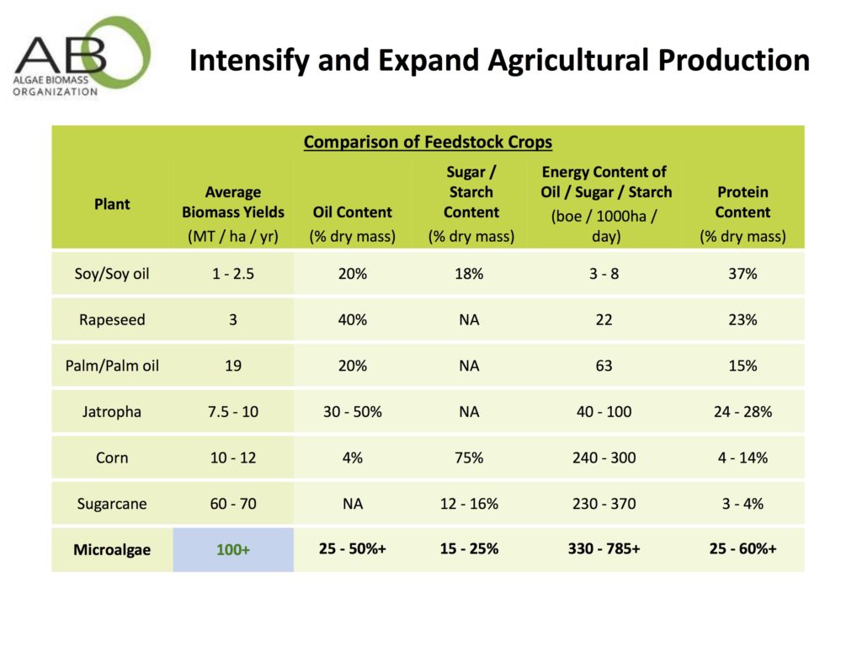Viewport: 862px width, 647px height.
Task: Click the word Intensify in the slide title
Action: (x=244, y=60)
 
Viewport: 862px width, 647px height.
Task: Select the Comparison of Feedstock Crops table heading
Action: (x=428, y=142)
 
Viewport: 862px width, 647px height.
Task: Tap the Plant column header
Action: (x=112, y=204)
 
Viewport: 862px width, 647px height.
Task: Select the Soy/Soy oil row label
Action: (x=112, y=274)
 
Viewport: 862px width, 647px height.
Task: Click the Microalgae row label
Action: (x=112, y=549)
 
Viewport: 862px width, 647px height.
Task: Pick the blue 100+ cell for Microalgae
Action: (x=233, y=549)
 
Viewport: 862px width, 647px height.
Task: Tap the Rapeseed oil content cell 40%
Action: (x=352, y=320)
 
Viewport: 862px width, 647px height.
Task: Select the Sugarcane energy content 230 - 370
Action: (x=604, y=504)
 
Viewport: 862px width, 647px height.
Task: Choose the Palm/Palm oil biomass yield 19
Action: (x=233, y=366)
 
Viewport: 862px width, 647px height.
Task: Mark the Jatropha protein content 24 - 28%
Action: (x=742, y=412)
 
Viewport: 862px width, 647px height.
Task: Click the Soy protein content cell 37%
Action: (x=742, y=274)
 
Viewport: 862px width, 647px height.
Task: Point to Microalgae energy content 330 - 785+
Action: (x=604, y=549)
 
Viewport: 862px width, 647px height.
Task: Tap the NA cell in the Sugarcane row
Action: (x=352, y=504)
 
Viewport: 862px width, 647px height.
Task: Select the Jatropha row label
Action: (x=112, y=412)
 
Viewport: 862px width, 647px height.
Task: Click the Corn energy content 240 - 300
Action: (x=604, y=457)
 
